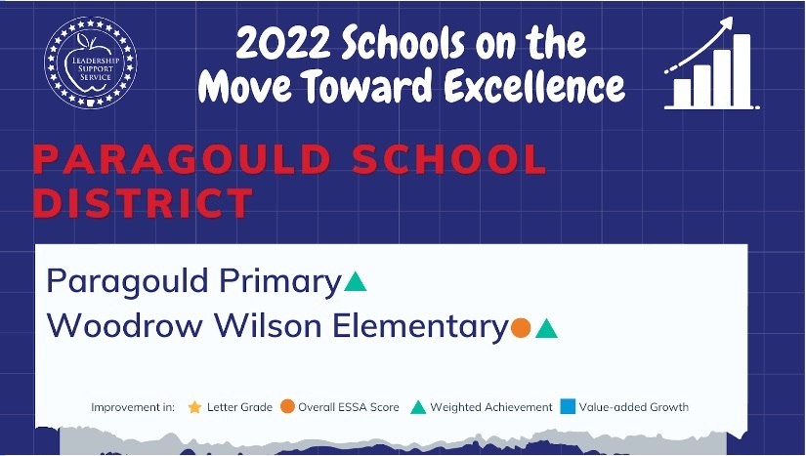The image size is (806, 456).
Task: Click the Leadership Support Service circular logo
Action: click(x=91, y=62)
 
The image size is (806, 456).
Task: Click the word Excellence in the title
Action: click(x=534, y=84)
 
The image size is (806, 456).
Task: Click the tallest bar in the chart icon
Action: click(x=742, y=70)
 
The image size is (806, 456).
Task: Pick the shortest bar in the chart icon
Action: click(x=682, y=93)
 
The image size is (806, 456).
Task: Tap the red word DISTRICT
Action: click(x=143, y=202)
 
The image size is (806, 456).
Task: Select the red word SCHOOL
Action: click(x=449, y=160)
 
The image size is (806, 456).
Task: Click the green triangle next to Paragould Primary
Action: click(x=355, y=281)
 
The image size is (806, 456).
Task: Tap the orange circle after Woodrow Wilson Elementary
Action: click(x=521, y=328)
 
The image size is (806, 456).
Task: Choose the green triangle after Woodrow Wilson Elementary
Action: click(x=546, y=328)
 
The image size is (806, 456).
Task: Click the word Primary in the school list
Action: click(x=280, y=282)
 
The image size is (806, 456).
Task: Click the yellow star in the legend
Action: click(x=194, y=407)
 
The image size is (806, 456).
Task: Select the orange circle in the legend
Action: click(x=287, y=407)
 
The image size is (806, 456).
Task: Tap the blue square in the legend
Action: click(x=568, y=407)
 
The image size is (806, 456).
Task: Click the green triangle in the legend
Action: click(x=418, y=407)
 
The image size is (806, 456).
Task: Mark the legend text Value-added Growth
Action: click(x=634, y=407)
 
